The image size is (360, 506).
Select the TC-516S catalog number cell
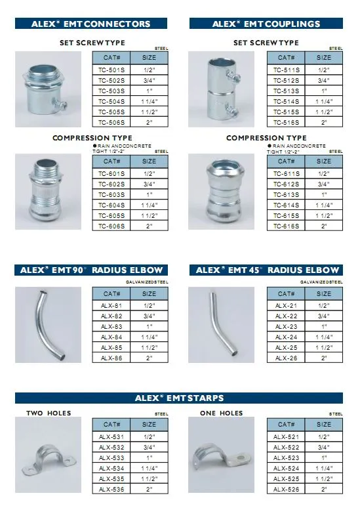(285, 122)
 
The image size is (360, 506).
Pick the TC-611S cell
(285, 173)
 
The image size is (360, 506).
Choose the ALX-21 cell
(285, 305)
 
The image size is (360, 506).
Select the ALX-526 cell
(285, 489)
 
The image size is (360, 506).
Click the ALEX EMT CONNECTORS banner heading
(90, 24)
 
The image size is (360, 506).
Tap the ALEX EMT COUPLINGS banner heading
(266, 24)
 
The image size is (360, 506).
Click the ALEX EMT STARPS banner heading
(179, 398)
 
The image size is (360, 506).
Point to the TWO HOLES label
(49, 413)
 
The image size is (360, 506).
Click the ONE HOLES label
(221, 413)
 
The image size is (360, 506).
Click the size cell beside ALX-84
(150, 337)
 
